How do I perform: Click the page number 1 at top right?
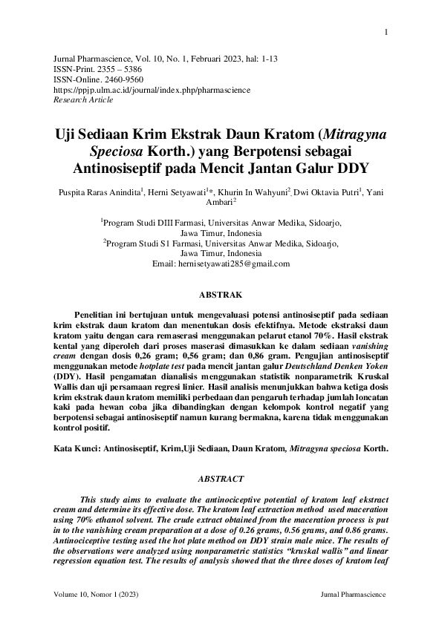[x=387, y=32]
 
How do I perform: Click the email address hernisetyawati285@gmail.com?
[x=233, y=264]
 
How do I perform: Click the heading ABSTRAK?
[x=221, y=295]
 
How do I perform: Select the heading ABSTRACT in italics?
[x=221, y=480]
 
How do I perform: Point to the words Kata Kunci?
[x=78, y=449]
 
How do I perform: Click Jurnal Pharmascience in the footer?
[x=352, y=595]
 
